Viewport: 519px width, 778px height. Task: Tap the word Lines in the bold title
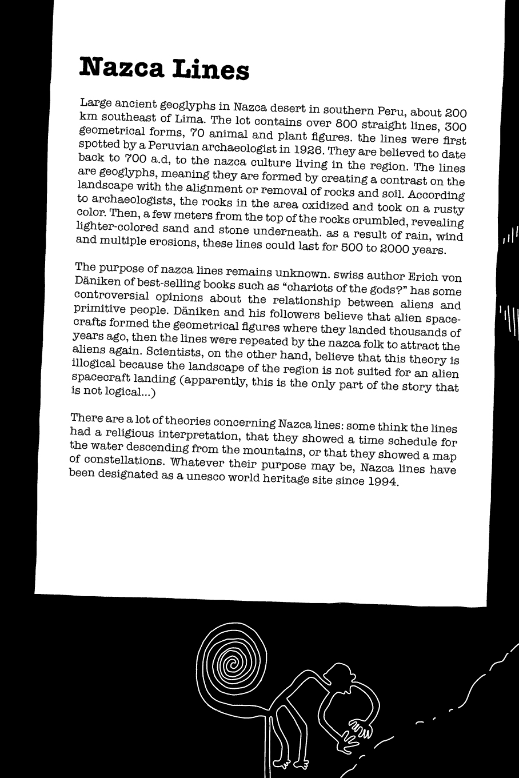tap(211, 70)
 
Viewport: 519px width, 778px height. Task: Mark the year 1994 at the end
tap(382, 481)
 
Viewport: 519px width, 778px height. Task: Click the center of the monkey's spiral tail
tap(231, 664)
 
